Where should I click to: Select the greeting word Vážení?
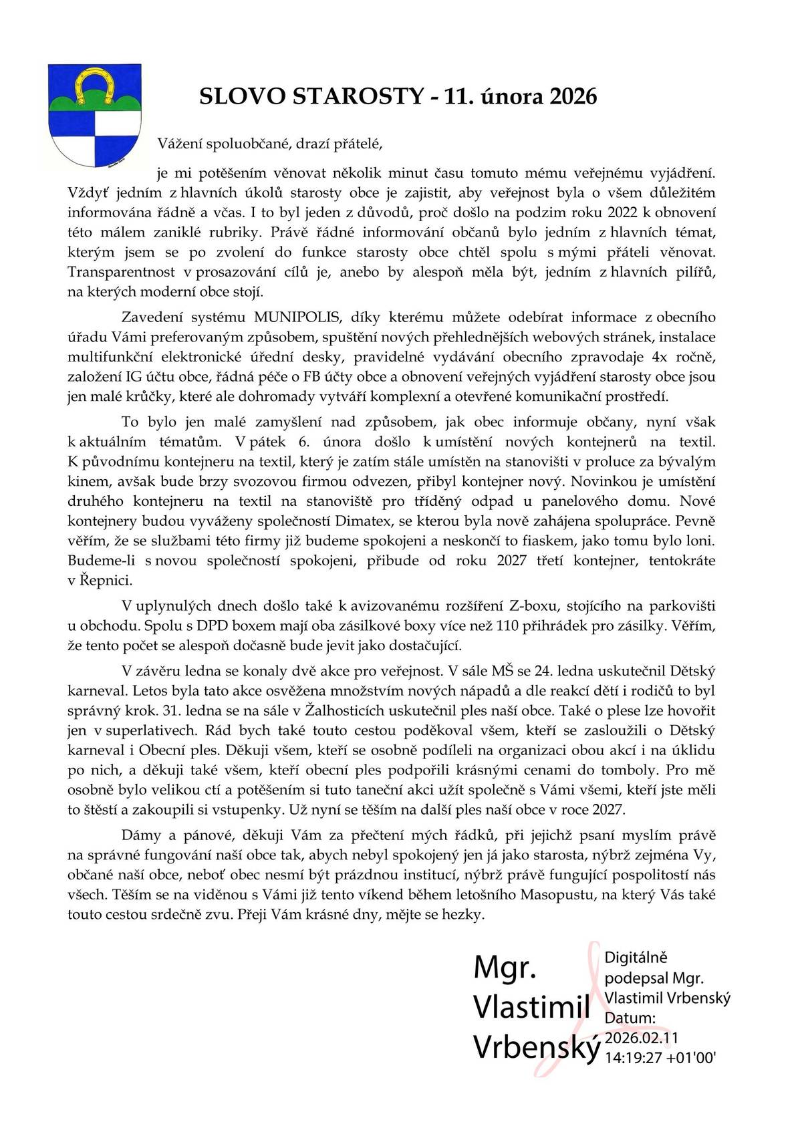[180, 143]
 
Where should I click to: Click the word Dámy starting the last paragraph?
[142, 835]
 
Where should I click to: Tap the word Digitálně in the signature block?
[636, 958]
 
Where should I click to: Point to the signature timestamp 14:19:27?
[633, 1058]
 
